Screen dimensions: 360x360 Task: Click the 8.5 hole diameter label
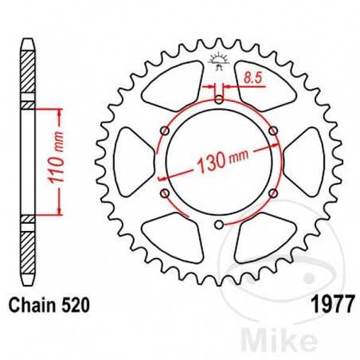[x=254, y=79]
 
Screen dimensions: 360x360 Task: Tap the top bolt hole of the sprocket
[x=219, y=100]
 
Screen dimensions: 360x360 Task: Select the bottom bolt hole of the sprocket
[x=219, y=225]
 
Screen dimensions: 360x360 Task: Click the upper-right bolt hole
[x=273, y=131]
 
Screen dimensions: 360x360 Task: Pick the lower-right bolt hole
[x=273, y=194]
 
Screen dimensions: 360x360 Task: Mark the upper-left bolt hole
[x=165, y=131]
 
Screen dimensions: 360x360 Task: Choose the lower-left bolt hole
[x=165, y=194]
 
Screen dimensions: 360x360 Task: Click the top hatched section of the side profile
[x=27, y=72]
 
